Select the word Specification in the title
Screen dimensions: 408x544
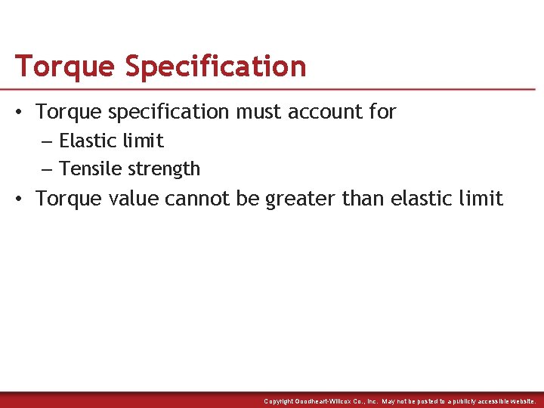pos(215,66)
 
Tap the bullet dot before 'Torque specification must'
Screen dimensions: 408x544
pos(21,112)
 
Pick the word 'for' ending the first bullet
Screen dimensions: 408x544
pos(382,112)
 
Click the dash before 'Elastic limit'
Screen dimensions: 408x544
pos(47,141)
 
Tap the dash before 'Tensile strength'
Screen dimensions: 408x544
pos(47,169)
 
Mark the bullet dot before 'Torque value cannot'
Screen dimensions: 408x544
pos(21,199)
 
